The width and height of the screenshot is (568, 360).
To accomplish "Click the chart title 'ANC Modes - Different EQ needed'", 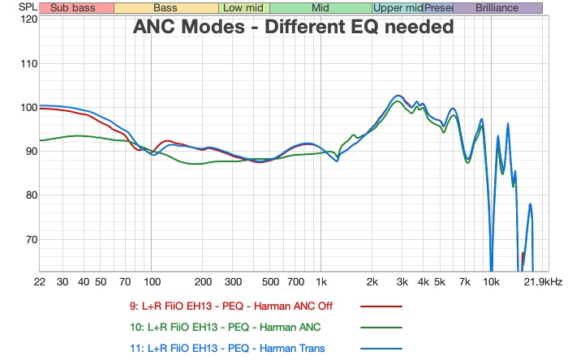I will coord(293,27).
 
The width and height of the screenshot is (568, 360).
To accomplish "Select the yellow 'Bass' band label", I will coord(166,8).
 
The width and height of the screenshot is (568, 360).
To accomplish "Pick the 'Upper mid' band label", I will coord(398,8).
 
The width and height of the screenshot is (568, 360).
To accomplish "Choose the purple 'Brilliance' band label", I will coord(497,8).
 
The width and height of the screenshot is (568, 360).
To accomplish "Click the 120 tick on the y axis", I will coord(28,19).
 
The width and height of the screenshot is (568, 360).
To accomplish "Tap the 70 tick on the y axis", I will coord(28,239).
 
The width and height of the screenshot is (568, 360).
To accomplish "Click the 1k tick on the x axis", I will coord(321,281).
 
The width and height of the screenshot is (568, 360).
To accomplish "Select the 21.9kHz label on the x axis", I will coord(543,281).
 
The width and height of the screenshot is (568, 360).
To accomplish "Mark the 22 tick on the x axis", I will coord(39,281).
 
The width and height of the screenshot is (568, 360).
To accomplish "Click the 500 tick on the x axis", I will coord(270,281).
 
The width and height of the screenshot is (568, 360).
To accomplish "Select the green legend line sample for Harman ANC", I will coord(381,328).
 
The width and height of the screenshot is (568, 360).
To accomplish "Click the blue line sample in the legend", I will coord(381,349).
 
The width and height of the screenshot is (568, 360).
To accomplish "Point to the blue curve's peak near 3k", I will coord(397,96).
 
